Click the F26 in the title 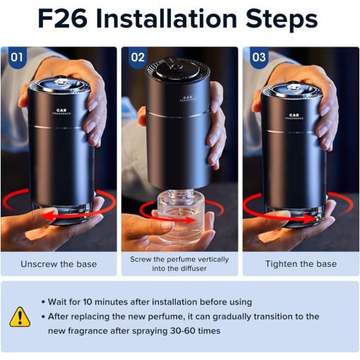coord(62,18)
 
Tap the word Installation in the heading coord(167,18)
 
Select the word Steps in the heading coord(282,19)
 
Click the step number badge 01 coord(17,57)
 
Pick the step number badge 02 coord(138,57)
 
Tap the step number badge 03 coord(259,57)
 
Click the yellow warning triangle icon coord(20,317)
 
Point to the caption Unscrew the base coord(59,264)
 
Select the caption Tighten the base coord(301,264)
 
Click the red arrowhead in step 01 coord(48,216)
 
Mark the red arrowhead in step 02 coord(190,220)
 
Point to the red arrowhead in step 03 coord(310,219)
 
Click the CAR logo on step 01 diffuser coord(61,110)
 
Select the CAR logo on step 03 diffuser coord(294,115)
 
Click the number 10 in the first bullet coord(88,302)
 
